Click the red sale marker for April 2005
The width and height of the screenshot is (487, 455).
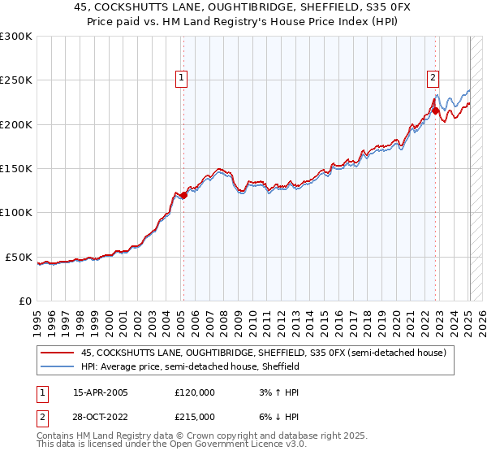pos(183,195)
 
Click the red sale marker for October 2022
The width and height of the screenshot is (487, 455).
pos(436,110)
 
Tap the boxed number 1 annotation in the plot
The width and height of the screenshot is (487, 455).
pos(180,78)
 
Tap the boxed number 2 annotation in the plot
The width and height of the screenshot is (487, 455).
pos(433,78)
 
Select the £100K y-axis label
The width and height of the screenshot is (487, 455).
pos(17,213)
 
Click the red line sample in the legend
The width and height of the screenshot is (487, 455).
pos(58,353)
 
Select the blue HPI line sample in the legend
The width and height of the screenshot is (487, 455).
pos(58,367)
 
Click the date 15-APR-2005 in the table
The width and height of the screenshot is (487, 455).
pos(101,392)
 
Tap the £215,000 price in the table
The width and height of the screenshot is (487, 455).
pos(195,416)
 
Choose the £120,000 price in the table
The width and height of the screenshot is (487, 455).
pos(195,392)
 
